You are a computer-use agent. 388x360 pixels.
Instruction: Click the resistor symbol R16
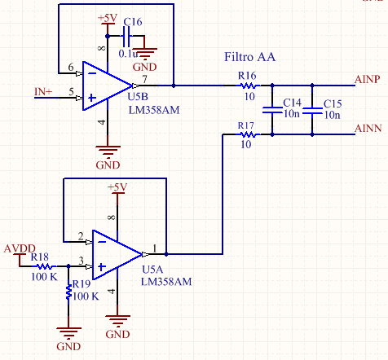click(x=248, y=86)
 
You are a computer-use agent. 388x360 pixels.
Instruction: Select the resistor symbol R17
click(x=248, y=134)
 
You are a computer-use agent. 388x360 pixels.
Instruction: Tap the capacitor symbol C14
click(x=272, y=110)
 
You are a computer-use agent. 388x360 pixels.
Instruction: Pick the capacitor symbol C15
click(x=312, y=110)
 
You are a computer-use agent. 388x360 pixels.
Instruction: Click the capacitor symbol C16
click(x=126, y=36)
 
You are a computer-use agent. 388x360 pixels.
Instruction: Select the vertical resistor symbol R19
click(x=68, y=291)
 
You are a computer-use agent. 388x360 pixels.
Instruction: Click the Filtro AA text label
click(x=249, y=57)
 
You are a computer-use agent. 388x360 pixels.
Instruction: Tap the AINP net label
click(x=367, y=79)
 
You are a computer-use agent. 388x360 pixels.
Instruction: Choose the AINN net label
click(x=368, y=128)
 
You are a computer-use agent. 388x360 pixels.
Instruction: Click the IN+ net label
click(x=43, y=92)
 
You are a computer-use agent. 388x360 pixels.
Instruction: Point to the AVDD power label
click(x=20, y=248)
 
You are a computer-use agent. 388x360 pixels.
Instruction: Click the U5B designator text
click(x=138, y=97)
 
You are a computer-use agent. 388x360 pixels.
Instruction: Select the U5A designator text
click(x=152, y=270)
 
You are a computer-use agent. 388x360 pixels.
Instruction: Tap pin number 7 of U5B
click(x=145, y=79)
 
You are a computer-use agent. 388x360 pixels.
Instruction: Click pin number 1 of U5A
click(x=155, y=248)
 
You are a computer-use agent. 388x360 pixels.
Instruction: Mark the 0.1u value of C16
click(x=128, y=54)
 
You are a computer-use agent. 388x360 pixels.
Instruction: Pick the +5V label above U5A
click(x=117, y=187)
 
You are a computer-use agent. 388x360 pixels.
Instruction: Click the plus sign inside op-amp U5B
click(x=92, y=98)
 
